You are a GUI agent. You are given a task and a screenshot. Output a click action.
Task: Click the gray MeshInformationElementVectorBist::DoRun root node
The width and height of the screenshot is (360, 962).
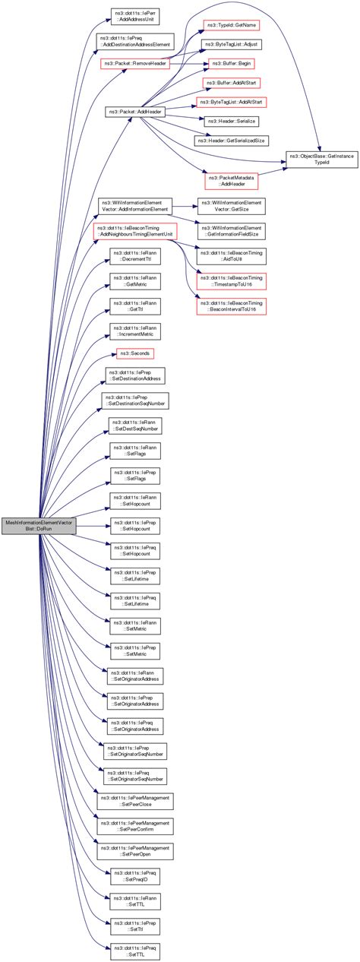coord(39,527)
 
